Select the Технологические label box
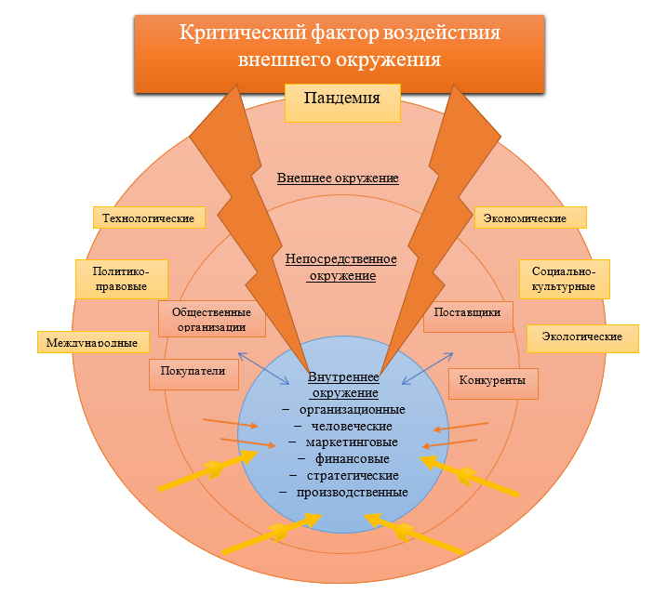click(149, 218)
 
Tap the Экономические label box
click(533, 218)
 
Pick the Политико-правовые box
click(121, 278)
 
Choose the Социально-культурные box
click(564, 278)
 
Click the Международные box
click(93, 342)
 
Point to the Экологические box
click(582, 337)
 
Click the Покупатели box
click(193, 373)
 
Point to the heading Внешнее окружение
click(338, 178)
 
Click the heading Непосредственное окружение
click(341, 267)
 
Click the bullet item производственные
click(352, 492)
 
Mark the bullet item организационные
click(352, 409)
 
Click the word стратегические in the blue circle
click(352, 475)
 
